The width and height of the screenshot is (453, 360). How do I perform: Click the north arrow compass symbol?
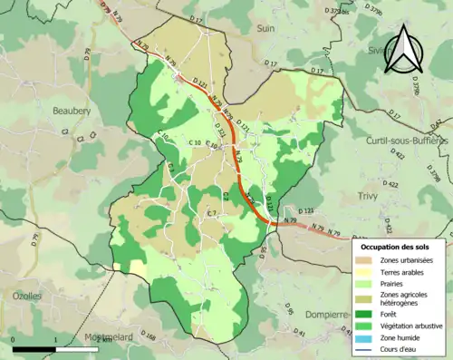(x=400, y=50)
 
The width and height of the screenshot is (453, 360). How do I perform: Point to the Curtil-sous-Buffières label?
(x=406, y=141)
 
